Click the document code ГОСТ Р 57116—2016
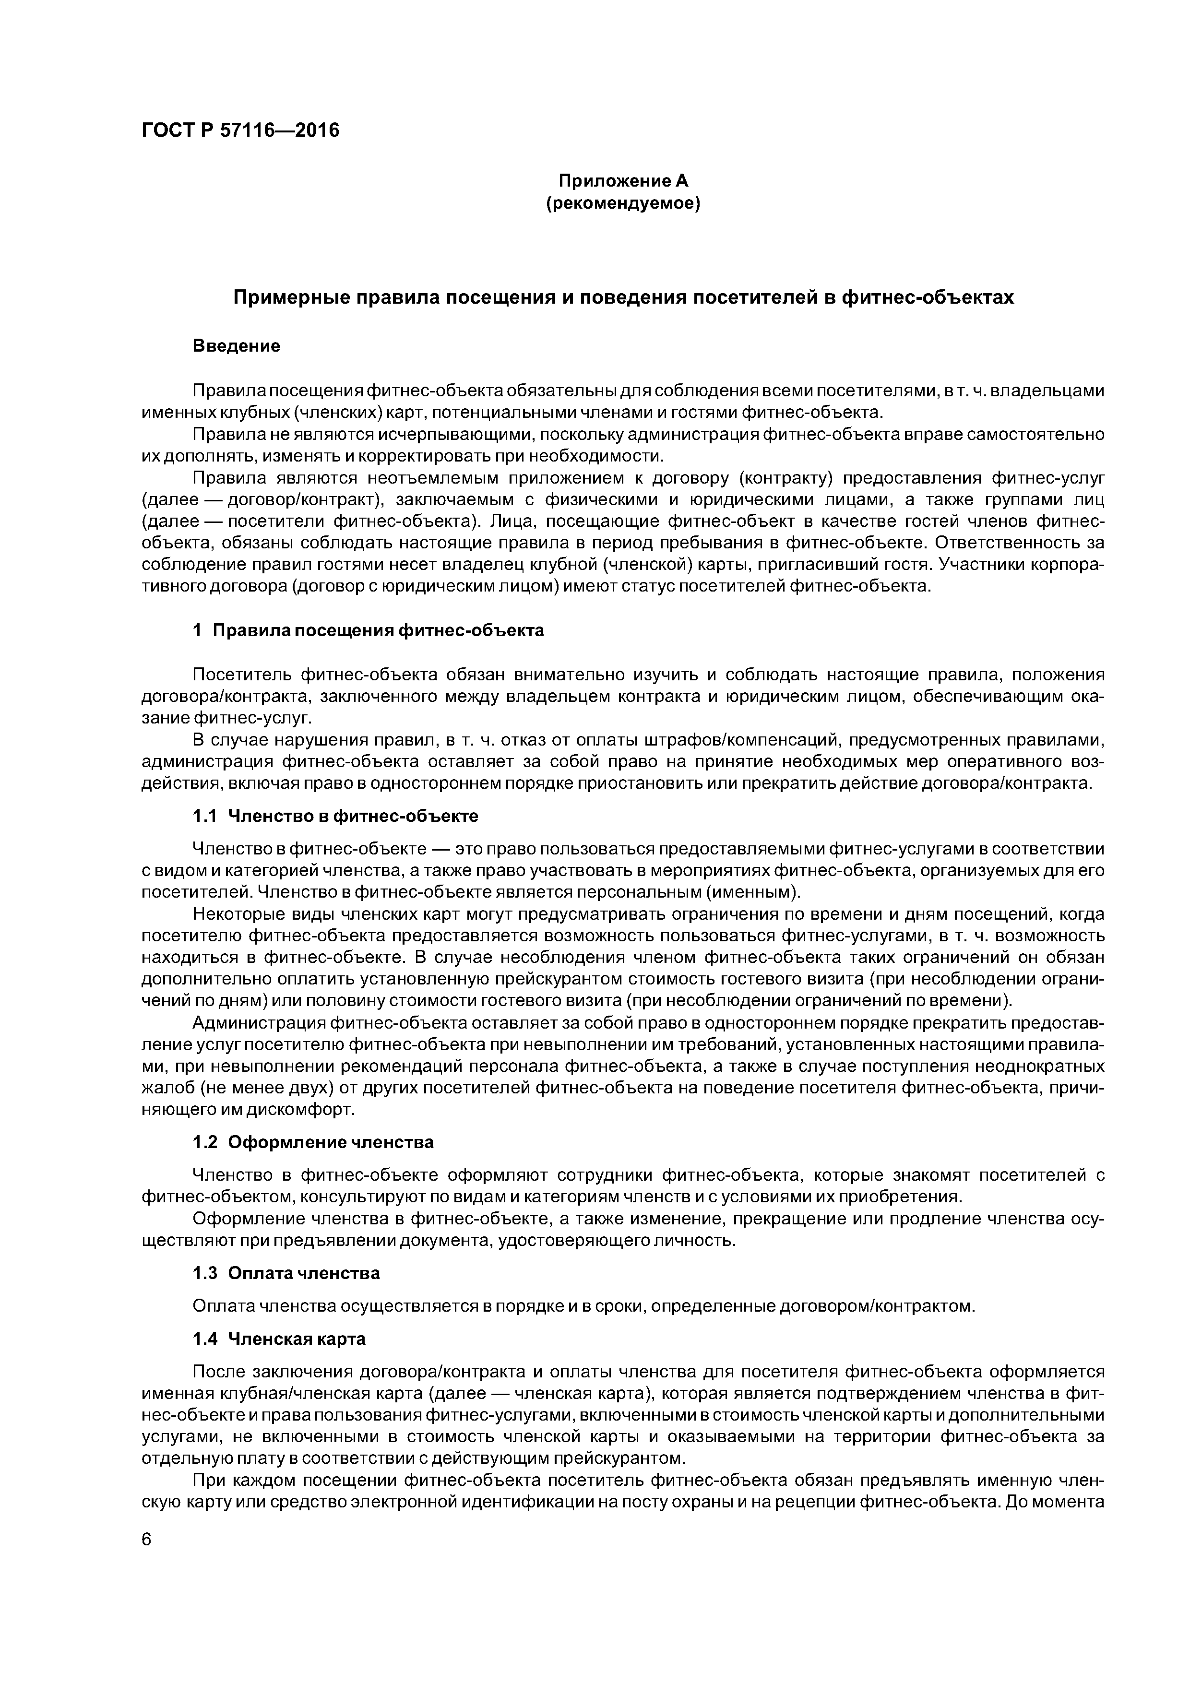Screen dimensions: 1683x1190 click(x=240, y=130)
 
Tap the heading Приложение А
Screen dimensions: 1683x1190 click(x=623, y=180)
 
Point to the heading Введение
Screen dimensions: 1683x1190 click(x=236, y=345)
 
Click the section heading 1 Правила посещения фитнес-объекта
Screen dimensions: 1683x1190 click(x=368, y=630)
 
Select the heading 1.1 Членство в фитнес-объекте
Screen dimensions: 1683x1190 click(x=335, y=816)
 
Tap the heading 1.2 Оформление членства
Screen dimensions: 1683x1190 click(x=313, y=1142)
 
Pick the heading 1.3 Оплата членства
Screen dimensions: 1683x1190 click(x=286, y=1273)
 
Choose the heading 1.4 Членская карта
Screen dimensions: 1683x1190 click(x=279, y=1339)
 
